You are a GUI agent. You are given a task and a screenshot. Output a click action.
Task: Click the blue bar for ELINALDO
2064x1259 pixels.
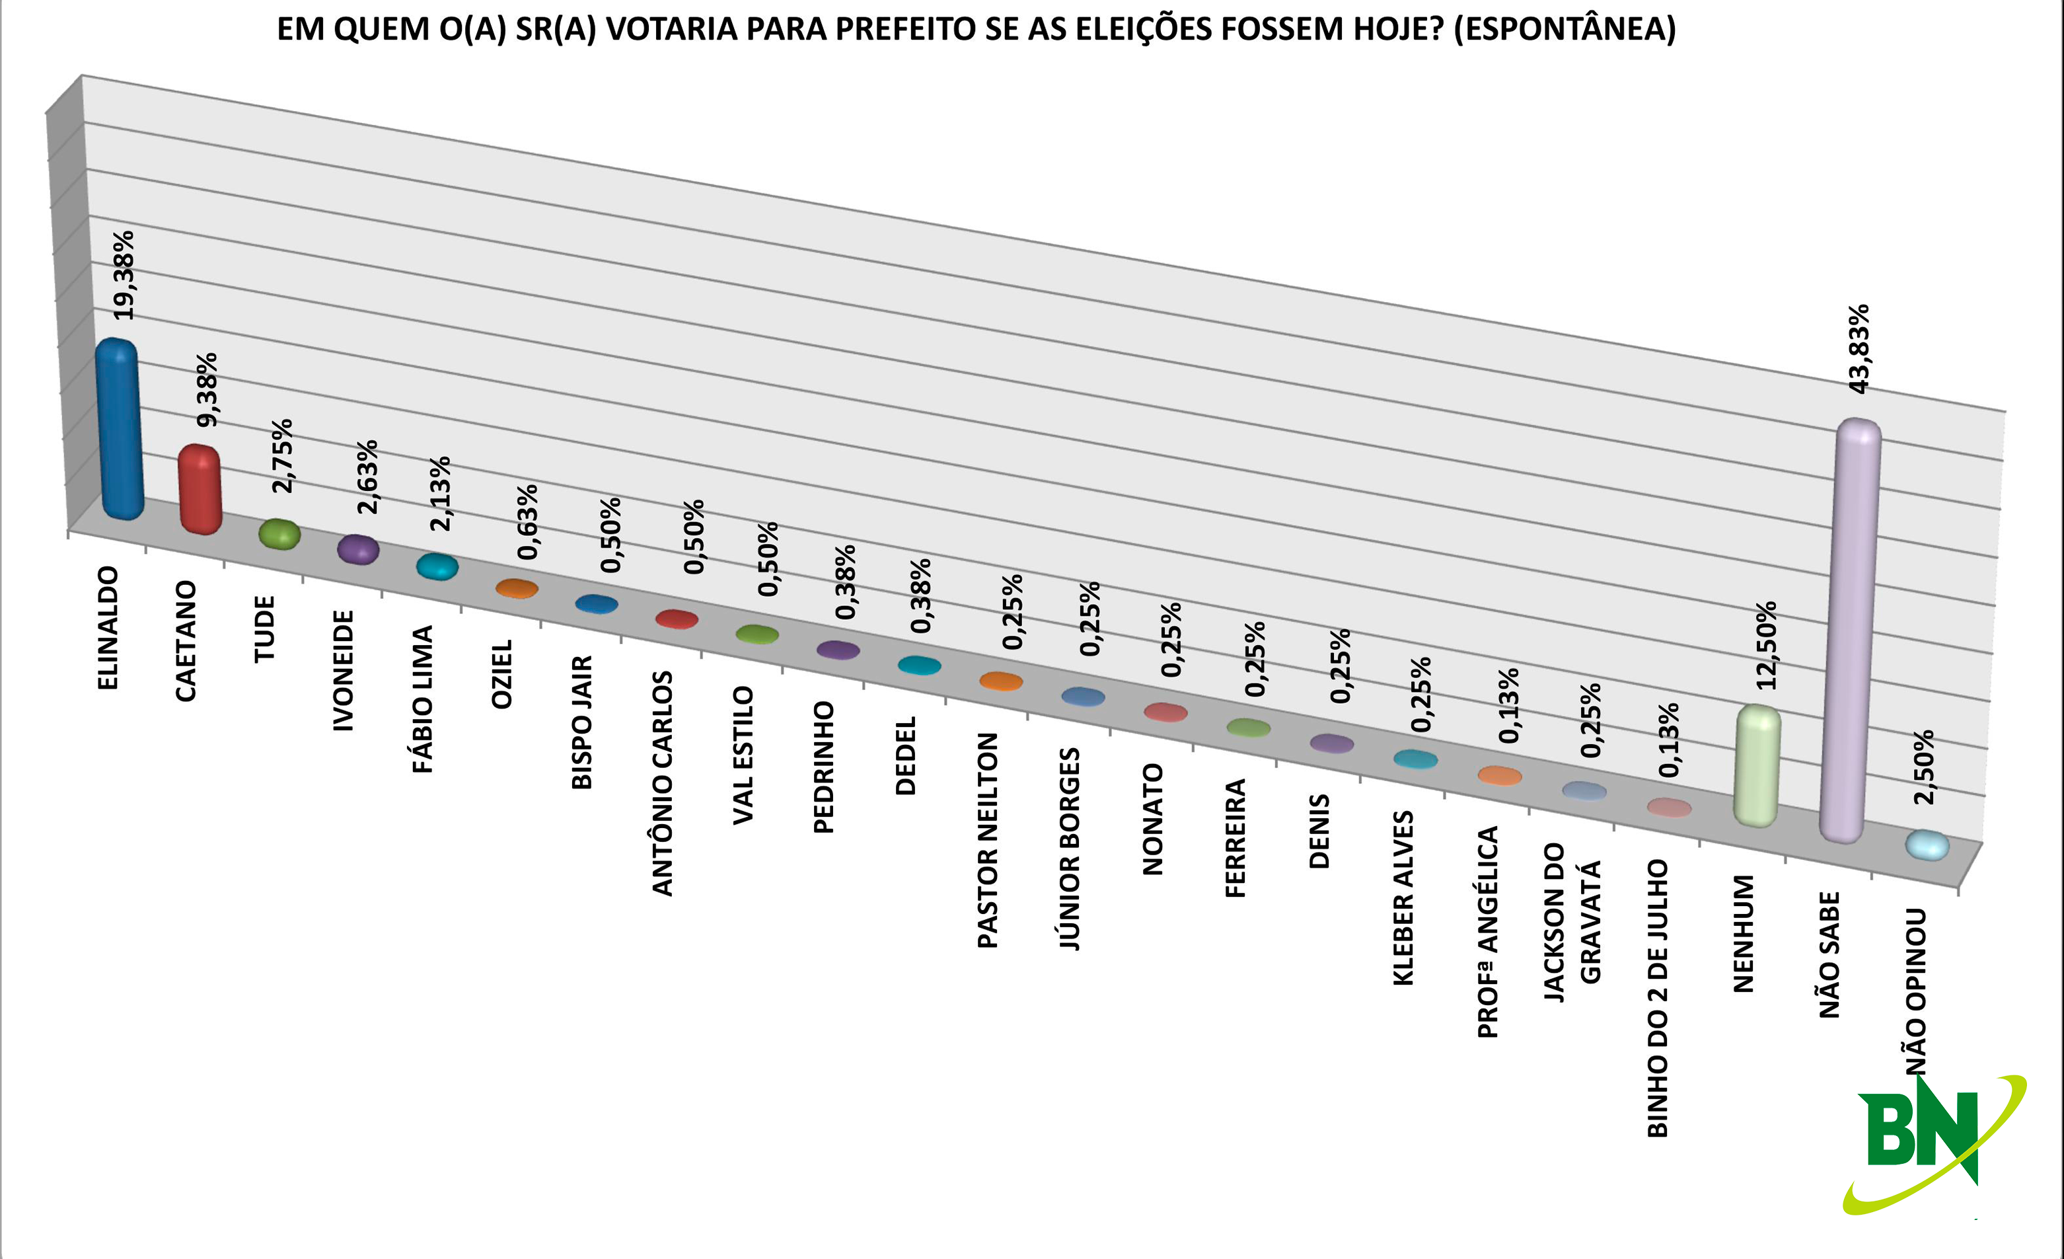pyautogui.click(x=119, y=429)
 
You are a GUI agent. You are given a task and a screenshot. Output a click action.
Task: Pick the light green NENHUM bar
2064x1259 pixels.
pyautogui.click(x=1757, y=767)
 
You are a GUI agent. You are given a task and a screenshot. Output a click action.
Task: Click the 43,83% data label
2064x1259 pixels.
pyautogui.click(x=1858, y=348)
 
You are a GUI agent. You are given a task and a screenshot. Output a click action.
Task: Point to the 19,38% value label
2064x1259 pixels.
pyautogui.click(x=124, y=275)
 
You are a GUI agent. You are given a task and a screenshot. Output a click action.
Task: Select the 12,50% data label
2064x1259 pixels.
pyautogui.click(x=1766, y=646)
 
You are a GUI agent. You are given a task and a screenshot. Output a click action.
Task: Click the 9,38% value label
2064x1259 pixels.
pyautogui.click(x=206, y=389)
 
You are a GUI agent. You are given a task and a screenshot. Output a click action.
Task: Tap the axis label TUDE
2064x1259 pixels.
pyautogui.click(x=265, y=629)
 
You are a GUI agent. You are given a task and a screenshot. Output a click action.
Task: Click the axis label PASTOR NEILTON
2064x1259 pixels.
pyautogui.click(x=988, y=840)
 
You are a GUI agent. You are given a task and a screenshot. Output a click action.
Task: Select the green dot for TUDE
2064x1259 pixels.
pyautogui.click(x=279, y=533)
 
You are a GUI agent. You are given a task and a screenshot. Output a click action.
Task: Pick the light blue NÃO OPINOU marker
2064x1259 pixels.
pyautogui.click(x=1927, y=845)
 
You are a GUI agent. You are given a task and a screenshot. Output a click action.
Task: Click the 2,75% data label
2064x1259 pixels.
pyautogui.click(x=282, y=455)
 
